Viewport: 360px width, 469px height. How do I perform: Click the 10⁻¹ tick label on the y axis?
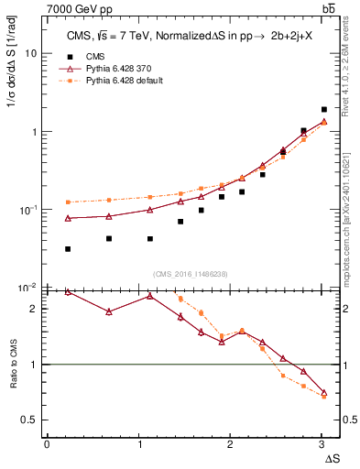tap(27, 210)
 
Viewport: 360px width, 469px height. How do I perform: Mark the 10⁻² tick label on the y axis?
tap(27, 288)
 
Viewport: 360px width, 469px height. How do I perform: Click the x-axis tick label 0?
tap(47, 443)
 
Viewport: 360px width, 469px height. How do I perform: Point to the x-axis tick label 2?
tap(230, 443)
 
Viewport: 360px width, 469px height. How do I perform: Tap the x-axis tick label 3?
tap(322, 443)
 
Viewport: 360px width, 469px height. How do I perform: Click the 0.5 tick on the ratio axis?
tap(28, 420)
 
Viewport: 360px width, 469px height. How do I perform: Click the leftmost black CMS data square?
tap(69, 249)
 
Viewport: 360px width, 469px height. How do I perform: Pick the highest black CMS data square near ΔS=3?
tap(324, 109)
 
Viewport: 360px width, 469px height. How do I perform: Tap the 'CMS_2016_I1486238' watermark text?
tap(191, 274)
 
